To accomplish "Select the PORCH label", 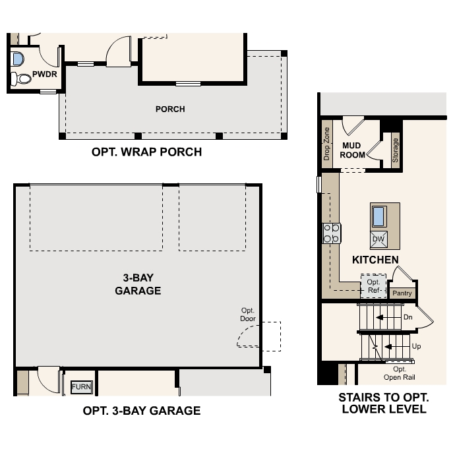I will coord(170,109).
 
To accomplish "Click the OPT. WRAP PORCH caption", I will coord(146,152).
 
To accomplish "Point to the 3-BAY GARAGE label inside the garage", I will coord(138,284).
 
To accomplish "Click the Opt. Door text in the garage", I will coord(248,315).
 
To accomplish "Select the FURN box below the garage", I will coord(82,387).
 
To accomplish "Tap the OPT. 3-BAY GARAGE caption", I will coord(141,411).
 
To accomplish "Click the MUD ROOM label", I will coord(353,150).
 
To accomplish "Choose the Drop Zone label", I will coord(326,144).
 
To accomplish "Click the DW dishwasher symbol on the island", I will coord(378,238).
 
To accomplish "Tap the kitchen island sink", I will coord(379,216).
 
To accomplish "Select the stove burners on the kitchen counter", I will coord(332,232).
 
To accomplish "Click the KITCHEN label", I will coord(375,260).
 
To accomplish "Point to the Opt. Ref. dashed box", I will coord(373,286).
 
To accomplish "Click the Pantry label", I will coord(402,293).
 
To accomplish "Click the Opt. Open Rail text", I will coord(400,373).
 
